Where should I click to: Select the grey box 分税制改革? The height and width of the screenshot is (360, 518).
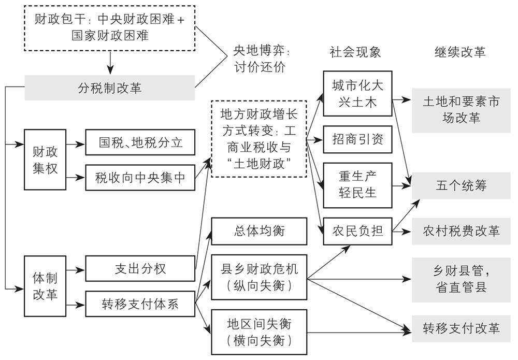pyautogui.click(x=110, y=88)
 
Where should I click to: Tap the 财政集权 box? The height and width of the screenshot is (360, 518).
pyautogui.click(x=45, y=160)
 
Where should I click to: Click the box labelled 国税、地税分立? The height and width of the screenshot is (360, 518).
pyautogui.click(x=140, y=142)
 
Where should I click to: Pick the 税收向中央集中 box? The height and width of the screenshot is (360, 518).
pyautogui.click(x=140, y=178)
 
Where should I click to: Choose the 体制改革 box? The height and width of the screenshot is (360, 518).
pyautogui.click(x=45, y=286)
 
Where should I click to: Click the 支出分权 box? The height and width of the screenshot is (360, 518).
pyautogui.click(x=140, y=269)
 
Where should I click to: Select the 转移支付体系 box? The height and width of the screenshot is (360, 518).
pyautogui.click(x=140, y=304)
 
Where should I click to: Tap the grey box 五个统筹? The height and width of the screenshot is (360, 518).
pyautogui.click(x=462, y=185)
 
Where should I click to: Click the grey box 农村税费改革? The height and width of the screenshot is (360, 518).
pyautogui.click(x=462, y=231)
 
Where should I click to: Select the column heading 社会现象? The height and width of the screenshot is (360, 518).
pyautogui.click(x=355, y=52)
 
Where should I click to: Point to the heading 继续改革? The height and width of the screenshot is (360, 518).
pyautogui.click(x=461, y=52)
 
